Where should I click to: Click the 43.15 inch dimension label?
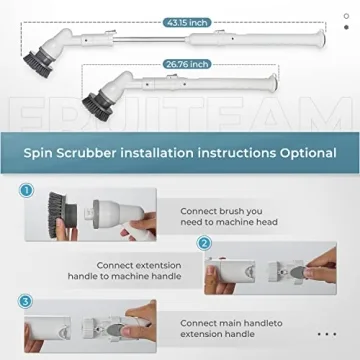(188, 20)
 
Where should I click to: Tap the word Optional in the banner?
(302, 153)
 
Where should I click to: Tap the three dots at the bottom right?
(325, 334)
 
